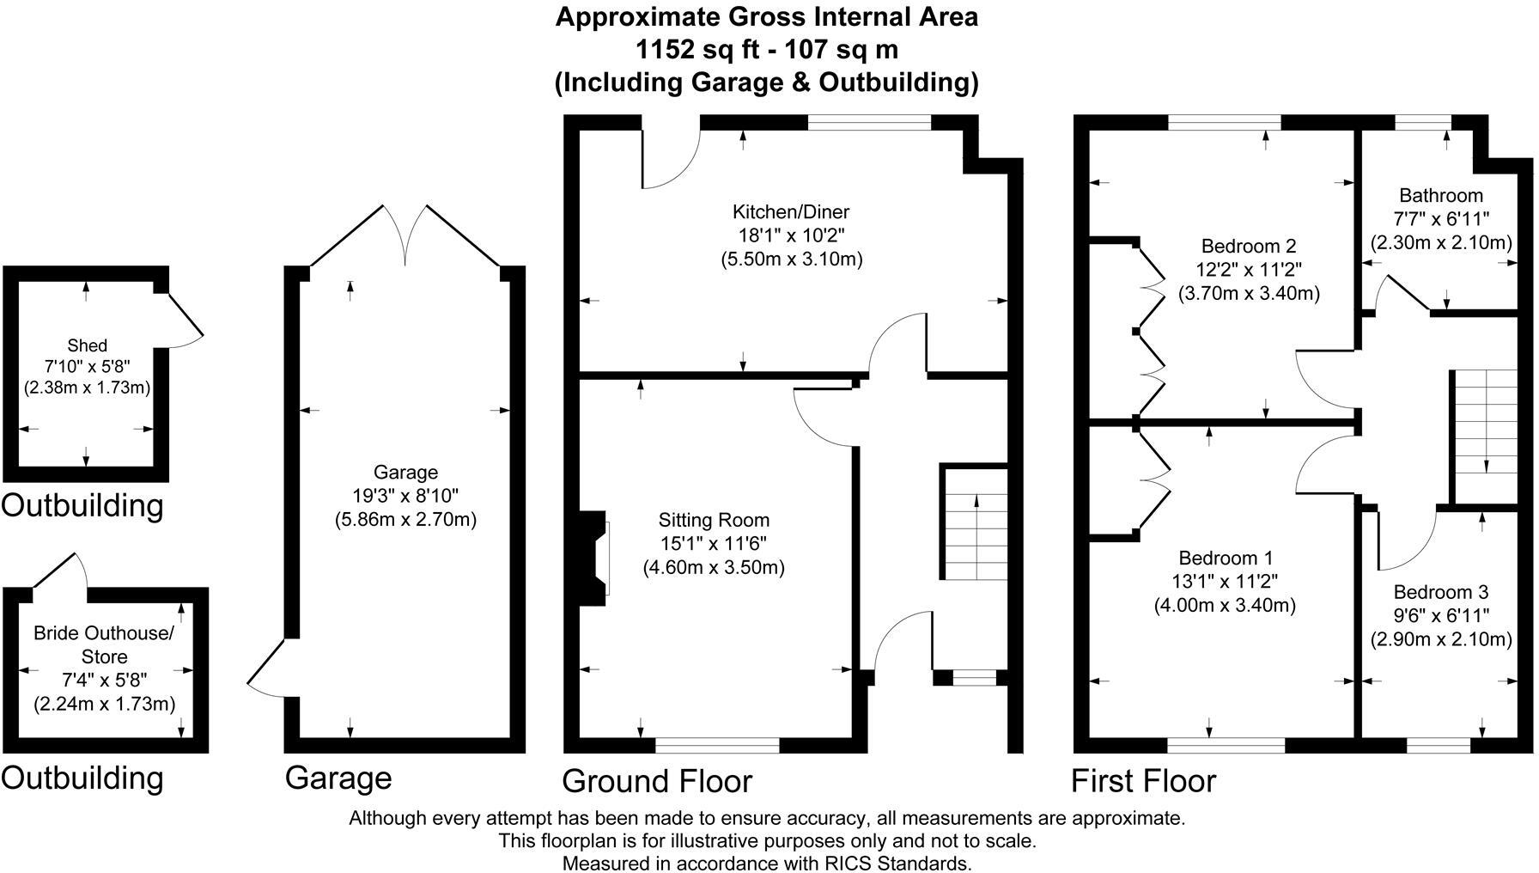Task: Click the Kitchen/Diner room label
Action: click(790, 211)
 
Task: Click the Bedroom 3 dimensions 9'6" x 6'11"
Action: click(1440, 615)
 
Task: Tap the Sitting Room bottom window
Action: click(717, 745)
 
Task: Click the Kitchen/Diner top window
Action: click(869, 123)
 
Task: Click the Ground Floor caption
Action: click(657, 781)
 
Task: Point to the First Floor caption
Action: click(1143, 781)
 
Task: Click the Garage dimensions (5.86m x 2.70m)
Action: click(405, 520)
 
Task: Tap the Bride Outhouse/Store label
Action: click(104, 644)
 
